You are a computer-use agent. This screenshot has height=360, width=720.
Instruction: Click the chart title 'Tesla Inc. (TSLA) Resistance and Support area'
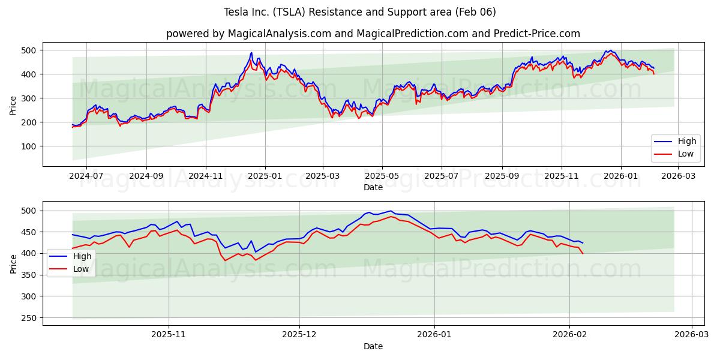click(359, 12)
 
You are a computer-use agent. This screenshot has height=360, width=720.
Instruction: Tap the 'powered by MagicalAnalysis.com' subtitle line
click(373, 34)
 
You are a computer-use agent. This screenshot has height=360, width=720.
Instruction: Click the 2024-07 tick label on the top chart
click(86, 176)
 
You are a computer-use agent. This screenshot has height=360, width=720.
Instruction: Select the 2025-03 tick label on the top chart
click(323, 176)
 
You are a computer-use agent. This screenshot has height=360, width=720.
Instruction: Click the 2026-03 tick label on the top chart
click(677, 176)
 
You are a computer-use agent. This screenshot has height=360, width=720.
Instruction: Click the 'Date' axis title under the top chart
click(373, 187)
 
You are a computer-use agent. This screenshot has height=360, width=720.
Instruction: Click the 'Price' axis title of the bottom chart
click(13, 263)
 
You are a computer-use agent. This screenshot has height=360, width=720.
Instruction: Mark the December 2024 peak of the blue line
click(251, 52)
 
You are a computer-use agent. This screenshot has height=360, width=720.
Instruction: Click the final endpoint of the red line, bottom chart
click(583, 253)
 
